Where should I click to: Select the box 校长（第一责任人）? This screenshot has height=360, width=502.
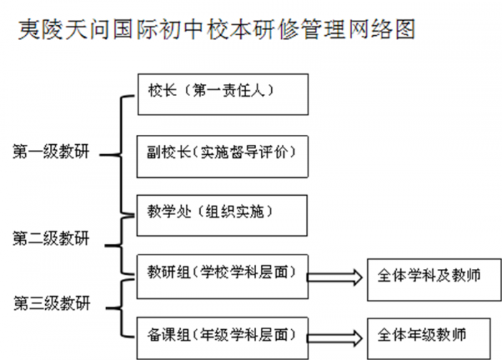223,93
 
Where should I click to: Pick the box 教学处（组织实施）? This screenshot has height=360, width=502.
223,212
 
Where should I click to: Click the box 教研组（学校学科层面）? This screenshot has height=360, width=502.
223,273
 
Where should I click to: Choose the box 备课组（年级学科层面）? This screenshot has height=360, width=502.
223,333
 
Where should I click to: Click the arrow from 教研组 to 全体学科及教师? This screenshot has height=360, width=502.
338,276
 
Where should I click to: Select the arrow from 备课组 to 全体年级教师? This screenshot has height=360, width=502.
338,336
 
